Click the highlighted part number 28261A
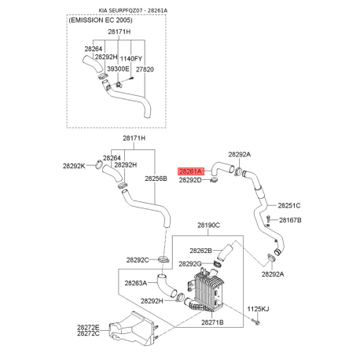click(190, 171)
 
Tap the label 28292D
click(190, 180)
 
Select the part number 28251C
click(289, 206)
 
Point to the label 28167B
click(290, 220)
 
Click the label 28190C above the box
click(208, 225)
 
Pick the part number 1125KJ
click(258, 309)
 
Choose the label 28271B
click(212, 322)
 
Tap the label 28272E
click(88, 327)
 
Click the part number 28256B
click(156, 178)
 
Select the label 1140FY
click(131, 59)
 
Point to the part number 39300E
click(118, 69)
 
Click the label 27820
click(145, 69)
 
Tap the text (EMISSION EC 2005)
click(101, 20)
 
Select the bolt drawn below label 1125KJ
click(256, 321)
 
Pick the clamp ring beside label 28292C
click(163, 260)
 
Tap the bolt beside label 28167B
click(268, 220)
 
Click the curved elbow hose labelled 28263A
click(166, 285)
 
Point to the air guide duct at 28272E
click(131, 329)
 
